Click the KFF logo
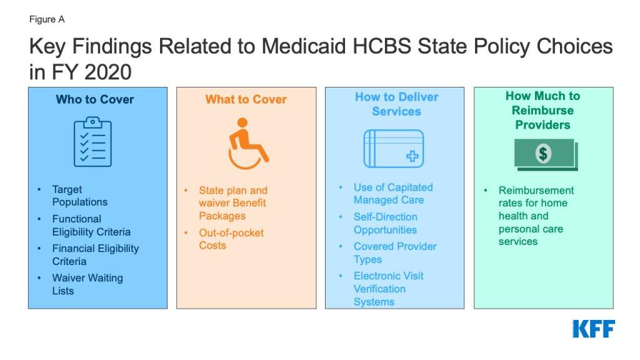point(593,329)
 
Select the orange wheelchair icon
point(247,144)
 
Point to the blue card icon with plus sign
point(394,148)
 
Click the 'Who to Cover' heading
point(95,99)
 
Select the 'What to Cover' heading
point(246,99)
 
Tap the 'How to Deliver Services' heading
point(396,104)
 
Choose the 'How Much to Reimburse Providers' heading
point(542,110)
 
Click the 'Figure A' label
point(47,19)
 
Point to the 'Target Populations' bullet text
point(79,196)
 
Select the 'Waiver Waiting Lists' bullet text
point(87,284)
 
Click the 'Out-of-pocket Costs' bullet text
point(231,239)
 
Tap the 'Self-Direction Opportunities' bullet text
point(385,223)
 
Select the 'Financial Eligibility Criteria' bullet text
point(95,254)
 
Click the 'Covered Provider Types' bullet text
point(395,252)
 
